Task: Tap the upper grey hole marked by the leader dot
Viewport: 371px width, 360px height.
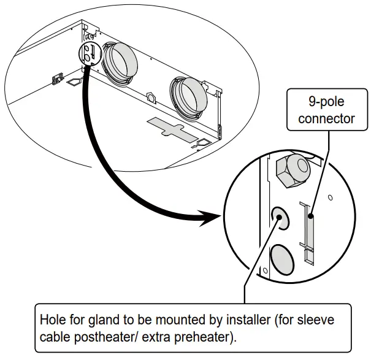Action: [x=280, y=216]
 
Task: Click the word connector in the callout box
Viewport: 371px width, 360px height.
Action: [x=326, y=118]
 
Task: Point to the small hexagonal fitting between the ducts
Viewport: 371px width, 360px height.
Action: [x=150, y=97]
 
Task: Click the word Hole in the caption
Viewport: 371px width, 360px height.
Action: [x=52, y=320]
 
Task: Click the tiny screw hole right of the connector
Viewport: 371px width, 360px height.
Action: [x=330, y=198]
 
